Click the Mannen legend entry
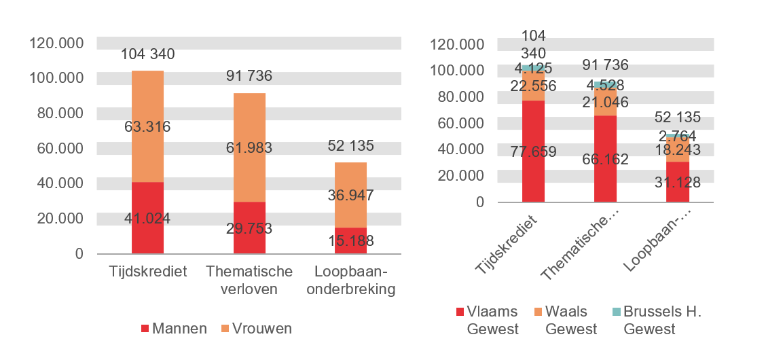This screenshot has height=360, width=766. [174, 329]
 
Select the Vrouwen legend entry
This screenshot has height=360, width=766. [255, 329]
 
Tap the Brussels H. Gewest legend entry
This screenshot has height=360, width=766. [655, 320]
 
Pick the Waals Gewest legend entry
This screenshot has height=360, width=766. [565, 320]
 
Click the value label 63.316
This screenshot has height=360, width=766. [147, 126]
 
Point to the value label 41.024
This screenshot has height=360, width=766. [147, 218]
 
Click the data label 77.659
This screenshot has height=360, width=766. [533, 151]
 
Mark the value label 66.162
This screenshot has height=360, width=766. [605, 160]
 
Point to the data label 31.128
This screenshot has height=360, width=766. [677, 181]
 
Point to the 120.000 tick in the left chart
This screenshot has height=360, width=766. [56, 43]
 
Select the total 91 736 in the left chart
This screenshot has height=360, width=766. [250, 75]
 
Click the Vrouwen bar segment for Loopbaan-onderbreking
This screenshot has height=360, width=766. [350, 195]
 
